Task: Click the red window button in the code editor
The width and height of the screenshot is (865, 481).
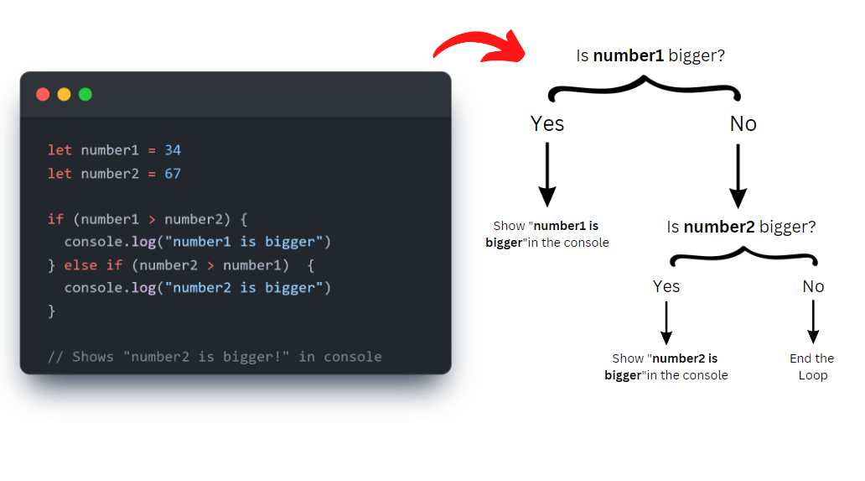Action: click(x=43, y=94)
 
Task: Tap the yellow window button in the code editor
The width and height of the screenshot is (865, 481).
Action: click(x=64, y=94)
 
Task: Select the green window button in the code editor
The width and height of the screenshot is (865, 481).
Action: click(x=85, y=94)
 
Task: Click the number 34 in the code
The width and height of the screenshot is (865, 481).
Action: click(x=173, y=150)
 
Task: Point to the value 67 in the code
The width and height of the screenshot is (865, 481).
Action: click(x=173, y=174)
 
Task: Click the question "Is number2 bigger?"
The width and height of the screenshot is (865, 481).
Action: click(x=741, y=227)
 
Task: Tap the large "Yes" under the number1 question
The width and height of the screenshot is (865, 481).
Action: click(x=547, y=124)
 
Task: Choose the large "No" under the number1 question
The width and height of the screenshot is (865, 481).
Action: click(x=743, y=124)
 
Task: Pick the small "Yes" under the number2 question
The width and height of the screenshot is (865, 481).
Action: click(x=666, y=286)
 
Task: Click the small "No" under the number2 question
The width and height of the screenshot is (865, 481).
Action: click(x=813, y=286)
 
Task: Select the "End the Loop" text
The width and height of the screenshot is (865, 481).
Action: click(x=812, y=367)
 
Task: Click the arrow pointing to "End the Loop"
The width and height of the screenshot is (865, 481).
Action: click(x=813, y=322)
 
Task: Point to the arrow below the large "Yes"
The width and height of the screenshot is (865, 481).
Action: click(x=547, y=175)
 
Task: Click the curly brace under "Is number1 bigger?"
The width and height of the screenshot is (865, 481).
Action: click(x=644, y=87)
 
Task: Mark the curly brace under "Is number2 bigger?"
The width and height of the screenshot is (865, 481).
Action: click(x=741, y=254)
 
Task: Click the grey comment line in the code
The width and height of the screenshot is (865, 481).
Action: click(x=215, y=357)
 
